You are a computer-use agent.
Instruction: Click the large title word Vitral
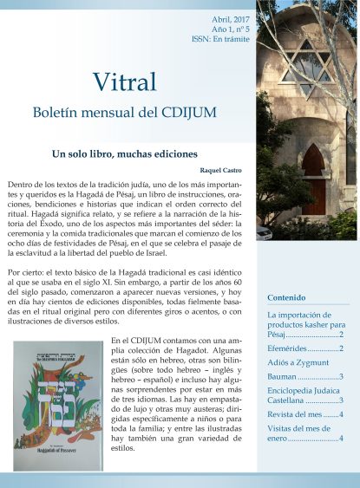pos(128,81)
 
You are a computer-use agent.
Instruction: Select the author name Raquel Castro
pos(227,172)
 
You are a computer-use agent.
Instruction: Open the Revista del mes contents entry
pos(304,414)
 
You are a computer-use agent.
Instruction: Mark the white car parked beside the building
pos(264,231)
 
